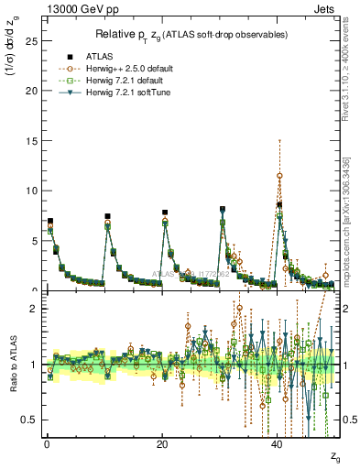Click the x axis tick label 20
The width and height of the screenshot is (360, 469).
tap(162, 442)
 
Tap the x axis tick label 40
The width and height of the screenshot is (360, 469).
tap(278, 442)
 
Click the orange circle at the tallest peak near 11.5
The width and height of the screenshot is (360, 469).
tap(279, 176)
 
